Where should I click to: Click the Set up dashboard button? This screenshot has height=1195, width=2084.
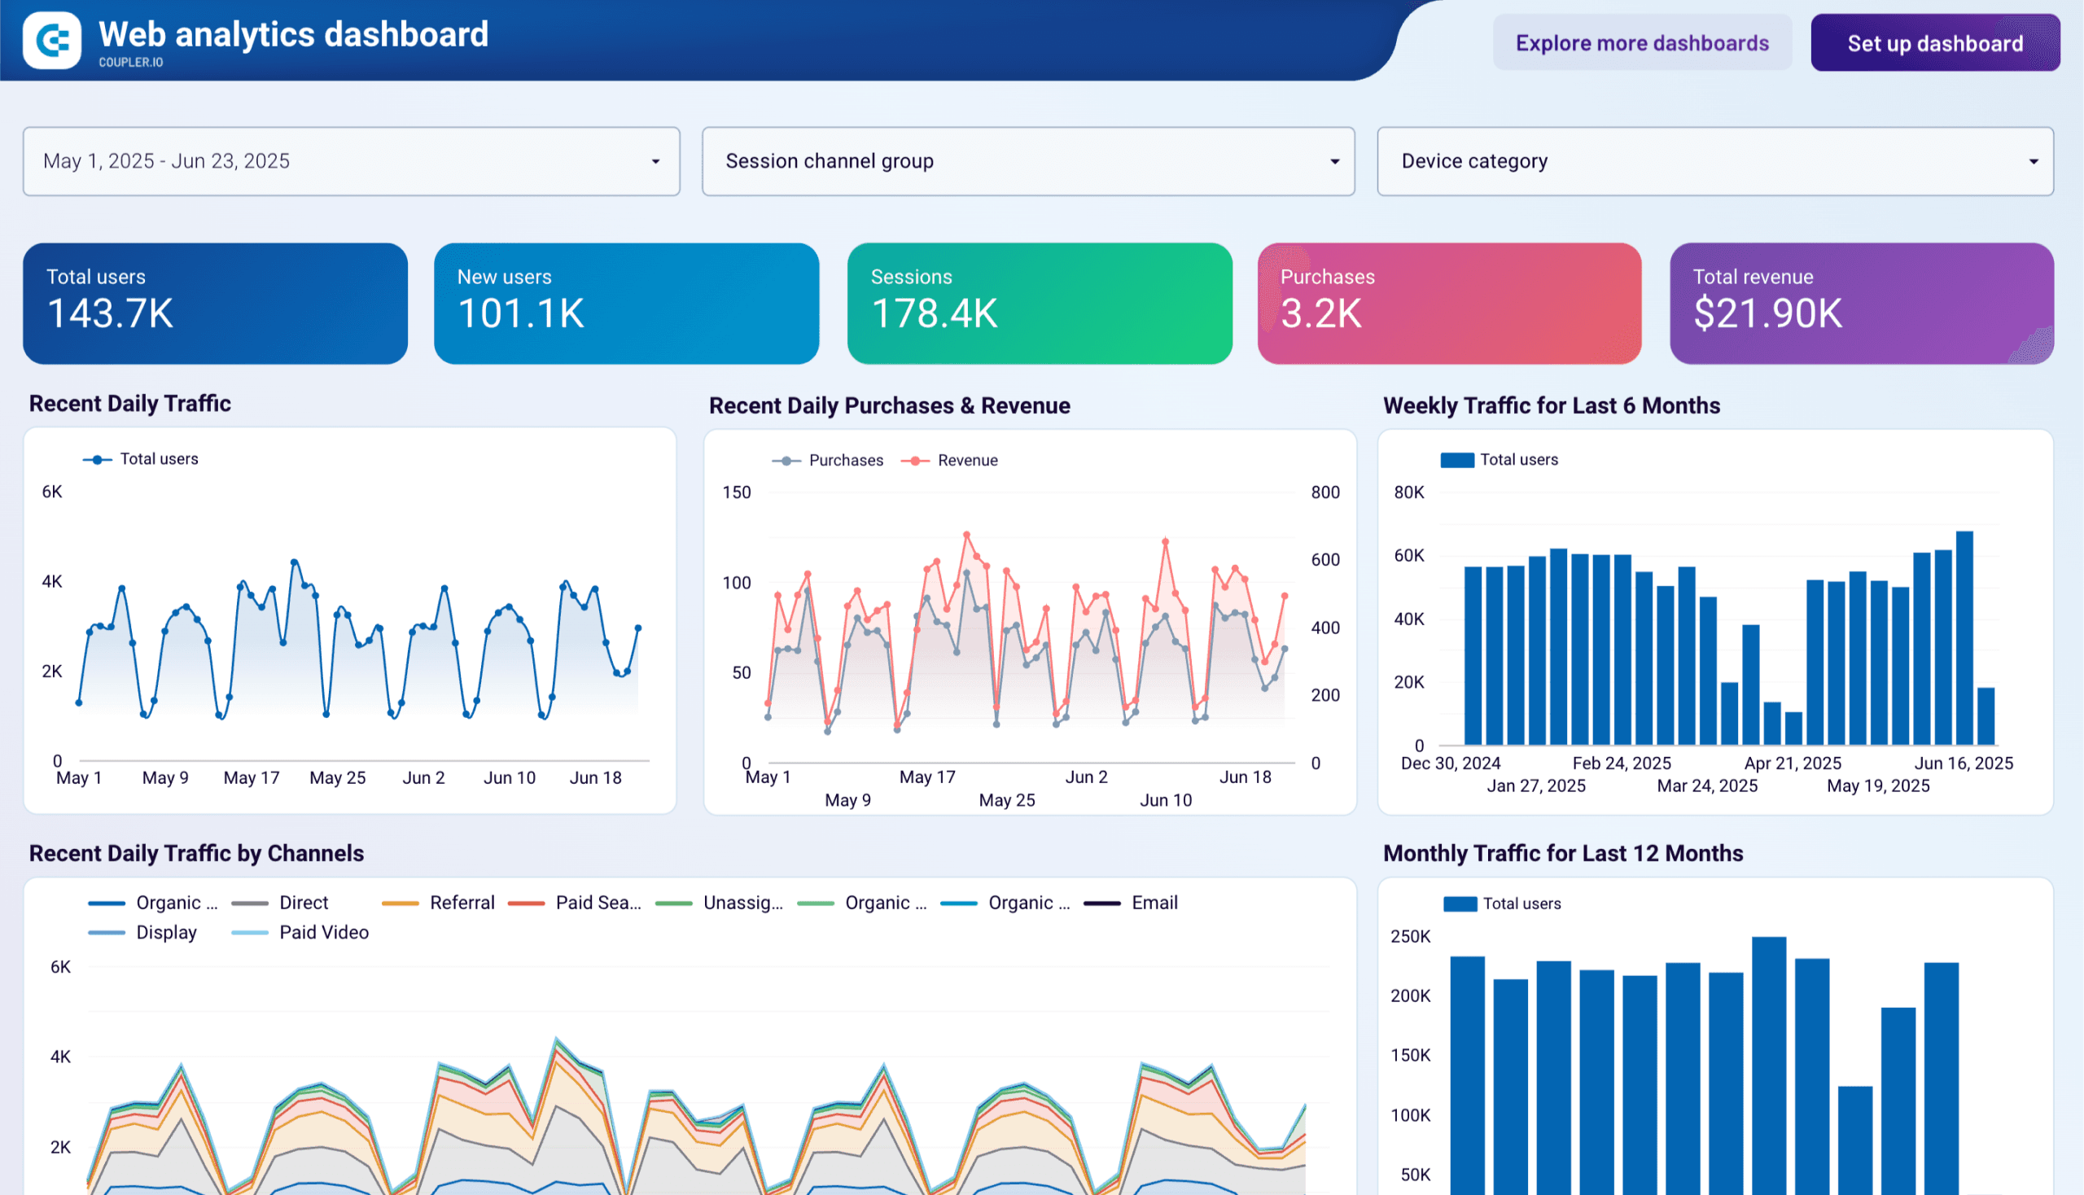pos(1934,42)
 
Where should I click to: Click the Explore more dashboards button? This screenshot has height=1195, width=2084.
pos(1642,42)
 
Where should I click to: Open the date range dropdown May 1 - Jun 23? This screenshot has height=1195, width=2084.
pos(351,161)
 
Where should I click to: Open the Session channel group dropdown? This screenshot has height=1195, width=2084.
pos(1027,161)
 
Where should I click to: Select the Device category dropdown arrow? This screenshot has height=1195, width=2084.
pos(2033,162)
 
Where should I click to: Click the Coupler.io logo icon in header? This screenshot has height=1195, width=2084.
pos(52,40)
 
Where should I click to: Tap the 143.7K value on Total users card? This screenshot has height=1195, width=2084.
pos(110,313)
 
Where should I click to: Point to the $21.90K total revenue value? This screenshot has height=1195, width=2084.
pos(1768,313)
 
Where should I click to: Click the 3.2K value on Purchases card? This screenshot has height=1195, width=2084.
pos(1320,313)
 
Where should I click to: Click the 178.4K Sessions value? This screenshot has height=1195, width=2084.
pos(934,313)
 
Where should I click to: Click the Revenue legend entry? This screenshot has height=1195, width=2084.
pos(966,461)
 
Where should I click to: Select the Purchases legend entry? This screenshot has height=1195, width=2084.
pos(845,461)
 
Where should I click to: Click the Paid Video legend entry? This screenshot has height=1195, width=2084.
pos(323,932)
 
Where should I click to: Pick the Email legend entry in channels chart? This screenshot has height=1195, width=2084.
pos(1154,903)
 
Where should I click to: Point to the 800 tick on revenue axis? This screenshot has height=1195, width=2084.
pos(1324,492)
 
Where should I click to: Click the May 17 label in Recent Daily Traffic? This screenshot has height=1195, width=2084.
pos(252,777)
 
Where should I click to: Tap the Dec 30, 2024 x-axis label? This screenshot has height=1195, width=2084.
pos(1451,764)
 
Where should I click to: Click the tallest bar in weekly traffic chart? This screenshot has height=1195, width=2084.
pos(1964,637)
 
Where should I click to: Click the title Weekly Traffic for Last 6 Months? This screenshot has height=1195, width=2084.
pos(1551,405)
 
